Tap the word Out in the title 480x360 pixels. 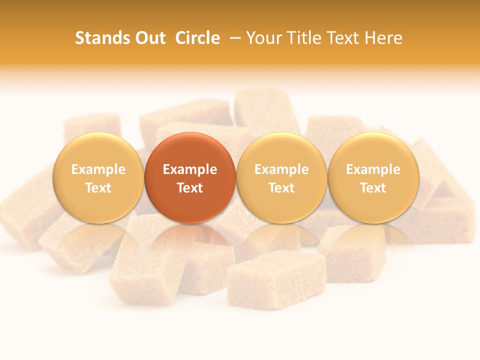[148, 38]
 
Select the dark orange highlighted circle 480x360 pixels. [190, 178]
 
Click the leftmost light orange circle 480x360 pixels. [98, 178]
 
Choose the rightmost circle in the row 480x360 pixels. [373, 178]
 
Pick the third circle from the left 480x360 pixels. [281, 178]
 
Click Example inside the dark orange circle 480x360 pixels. [190, 169]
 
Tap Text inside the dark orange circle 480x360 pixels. [190, 188]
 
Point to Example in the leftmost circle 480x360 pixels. [98, 169]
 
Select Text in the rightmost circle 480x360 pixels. [373, 188]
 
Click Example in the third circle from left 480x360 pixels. [281, 169]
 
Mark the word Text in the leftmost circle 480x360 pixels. [98, 188]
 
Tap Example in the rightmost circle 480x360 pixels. [373, 169]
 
